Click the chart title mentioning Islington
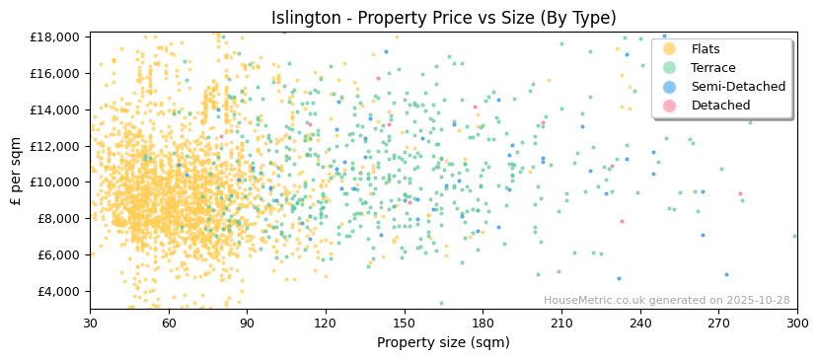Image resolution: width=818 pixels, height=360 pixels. [443, 18]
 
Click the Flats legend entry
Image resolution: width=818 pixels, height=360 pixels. [706, 49]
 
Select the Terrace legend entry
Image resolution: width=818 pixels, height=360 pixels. [711, 68]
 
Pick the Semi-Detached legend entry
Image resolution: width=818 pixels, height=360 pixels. [738, 87]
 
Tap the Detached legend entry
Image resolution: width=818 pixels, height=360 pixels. [720, 106]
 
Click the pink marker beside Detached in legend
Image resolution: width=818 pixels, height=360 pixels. [669, 106]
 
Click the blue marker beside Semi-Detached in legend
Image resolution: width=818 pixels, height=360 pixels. [669, 87]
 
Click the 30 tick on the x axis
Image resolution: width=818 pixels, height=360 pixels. [90, 324]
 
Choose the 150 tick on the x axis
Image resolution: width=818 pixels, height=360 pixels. [404, 324]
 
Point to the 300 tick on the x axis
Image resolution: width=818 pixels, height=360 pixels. [796, 324]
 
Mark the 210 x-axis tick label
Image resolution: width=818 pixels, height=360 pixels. [560, 324]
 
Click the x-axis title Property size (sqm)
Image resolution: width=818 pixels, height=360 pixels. [443, 342]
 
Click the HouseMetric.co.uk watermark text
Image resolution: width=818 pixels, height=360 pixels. [666, 301]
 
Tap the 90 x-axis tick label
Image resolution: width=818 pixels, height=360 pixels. [247, 324]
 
